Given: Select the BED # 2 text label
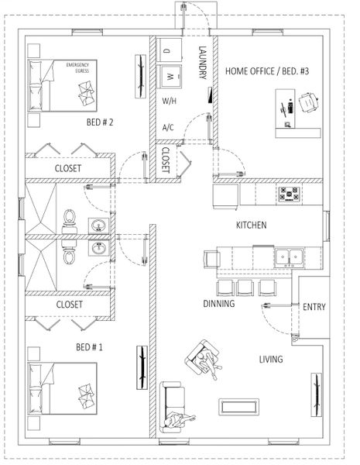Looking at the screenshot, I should point(101,122).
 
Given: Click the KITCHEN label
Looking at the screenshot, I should point(252,225).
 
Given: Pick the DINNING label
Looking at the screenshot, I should point(219,303).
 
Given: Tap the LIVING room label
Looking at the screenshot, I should point(271,359).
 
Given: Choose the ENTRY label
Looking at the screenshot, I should point(314,307).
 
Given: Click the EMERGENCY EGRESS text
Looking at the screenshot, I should point(80,67).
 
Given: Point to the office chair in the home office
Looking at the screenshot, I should point(308,101).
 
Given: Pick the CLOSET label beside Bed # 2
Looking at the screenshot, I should point(70,167).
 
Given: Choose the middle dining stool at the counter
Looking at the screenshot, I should point(245,287).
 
